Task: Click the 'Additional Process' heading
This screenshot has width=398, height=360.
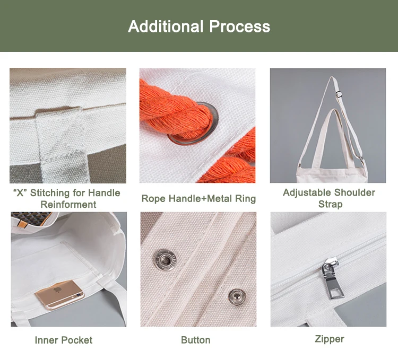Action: click(x=199, y=27)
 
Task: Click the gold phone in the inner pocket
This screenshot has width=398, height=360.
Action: click(x=59, y=295)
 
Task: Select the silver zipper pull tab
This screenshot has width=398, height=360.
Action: click(x=332, y=278)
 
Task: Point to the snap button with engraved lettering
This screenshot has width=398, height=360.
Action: click(x=165, y=260)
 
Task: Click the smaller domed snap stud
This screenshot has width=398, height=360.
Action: click(x=237, y=297)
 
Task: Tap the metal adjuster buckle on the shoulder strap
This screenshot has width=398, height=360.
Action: click(x=339, y=94)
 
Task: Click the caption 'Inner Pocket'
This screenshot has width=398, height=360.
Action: click(x=64, y=340)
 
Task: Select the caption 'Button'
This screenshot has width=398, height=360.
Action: click(x=196, y=340)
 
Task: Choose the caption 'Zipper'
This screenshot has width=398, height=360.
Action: click(x=330, y=339)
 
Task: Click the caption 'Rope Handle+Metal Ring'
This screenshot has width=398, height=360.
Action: click(x=198, y=198)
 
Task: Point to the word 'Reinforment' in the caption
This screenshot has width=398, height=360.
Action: click(x=68, y=204)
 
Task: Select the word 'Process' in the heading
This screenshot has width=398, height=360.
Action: click(x=240, y=27)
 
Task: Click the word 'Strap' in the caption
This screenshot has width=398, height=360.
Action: click(x=330, y=204)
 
